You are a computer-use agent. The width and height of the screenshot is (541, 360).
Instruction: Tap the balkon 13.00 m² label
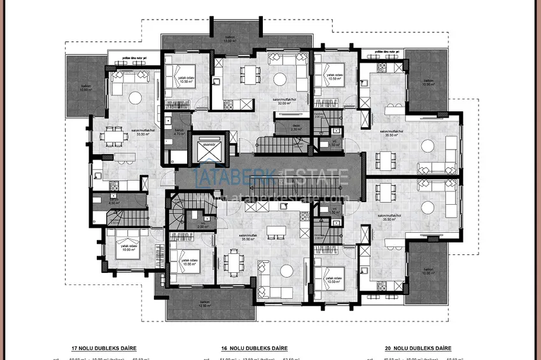(236, 40)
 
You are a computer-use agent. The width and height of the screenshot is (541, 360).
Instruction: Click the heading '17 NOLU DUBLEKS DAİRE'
(104, 348)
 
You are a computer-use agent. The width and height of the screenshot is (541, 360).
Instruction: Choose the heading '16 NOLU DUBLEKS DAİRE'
(255, 348)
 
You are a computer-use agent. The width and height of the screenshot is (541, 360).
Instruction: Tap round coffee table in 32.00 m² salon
(280, 80)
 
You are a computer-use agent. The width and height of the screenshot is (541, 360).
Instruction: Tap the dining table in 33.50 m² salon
(113, 135)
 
